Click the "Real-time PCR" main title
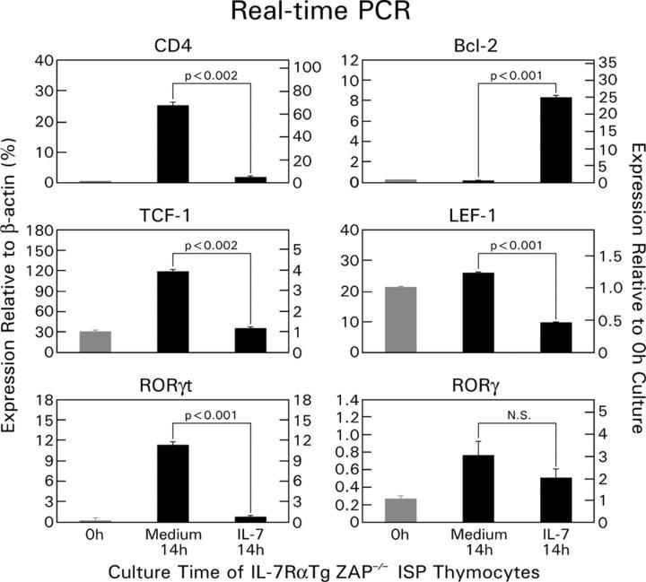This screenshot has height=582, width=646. pyautogui.click(x=324, y=14)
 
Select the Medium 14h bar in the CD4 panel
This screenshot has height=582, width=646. pyautogui.click(x=171, y=143)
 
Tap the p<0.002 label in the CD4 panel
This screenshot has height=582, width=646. pyautogui.click(x=211, y=75)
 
